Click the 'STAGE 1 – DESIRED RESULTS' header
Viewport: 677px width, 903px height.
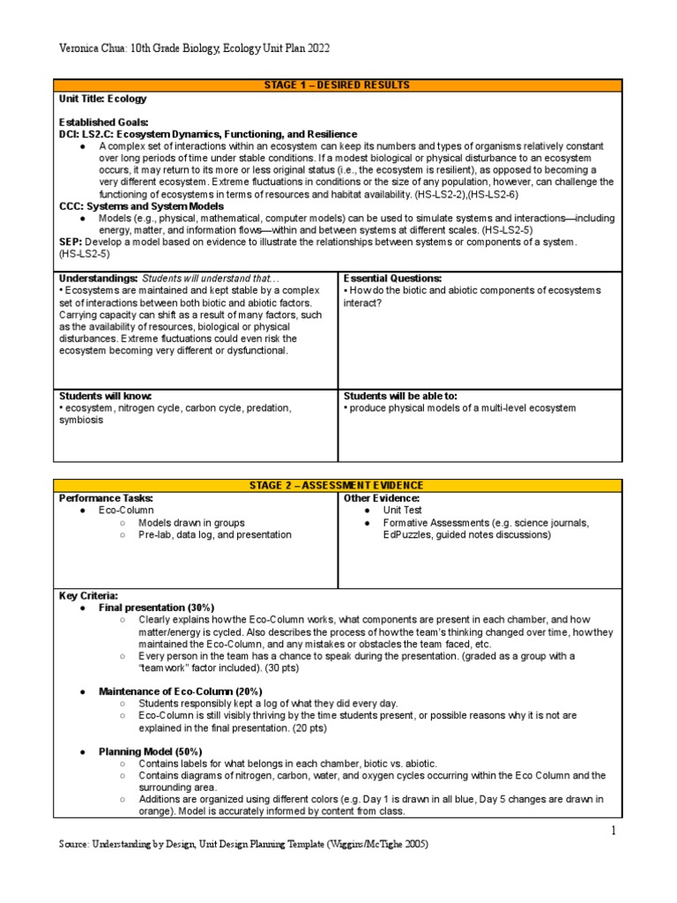click(338, 86)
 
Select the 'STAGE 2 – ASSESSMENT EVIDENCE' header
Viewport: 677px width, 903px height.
click(338, 486)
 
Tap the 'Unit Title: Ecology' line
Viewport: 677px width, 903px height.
click(103, 100)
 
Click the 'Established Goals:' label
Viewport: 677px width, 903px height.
click(104, 122)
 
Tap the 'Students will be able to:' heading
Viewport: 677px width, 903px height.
click(400, 396)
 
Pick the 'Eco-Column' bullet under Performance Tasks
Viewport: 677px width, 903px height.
click(126, 511)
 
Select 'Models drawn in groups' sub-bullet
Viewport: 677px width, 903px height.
click(191, 523)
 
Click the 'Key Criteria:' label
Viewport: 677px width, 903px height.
click(88, 596)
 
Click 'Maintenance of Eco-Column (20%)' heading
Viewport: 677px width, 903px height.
click(180, 690)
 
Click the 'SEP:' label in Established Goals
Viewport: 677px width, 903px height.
click(70, 242)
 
